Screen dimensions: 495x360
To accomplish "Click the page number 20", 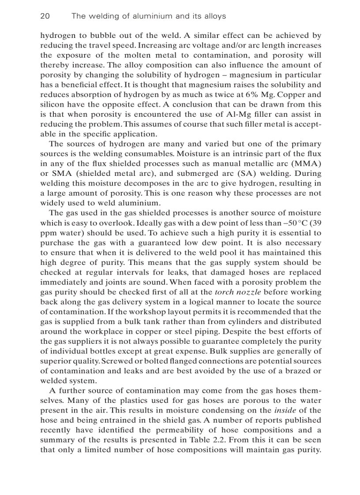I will click(45, 16).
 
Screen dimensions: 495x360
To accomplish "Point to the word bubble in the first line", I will click(116, 36).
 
